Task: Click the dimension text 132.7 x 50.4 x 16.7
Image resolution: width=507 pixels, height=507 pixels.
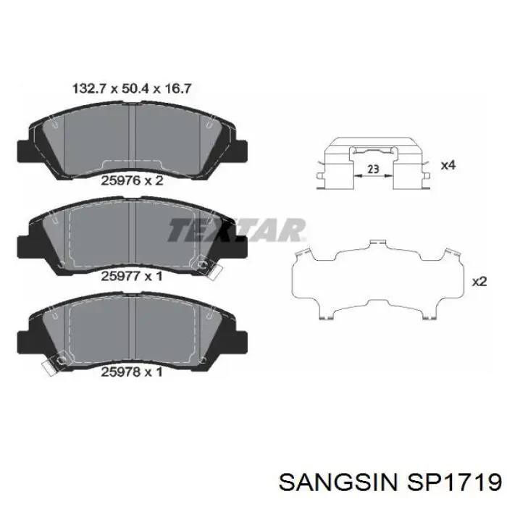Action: point(132,88)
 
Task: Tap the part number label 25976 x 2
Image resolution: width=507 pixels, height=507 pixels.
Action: point(132,181)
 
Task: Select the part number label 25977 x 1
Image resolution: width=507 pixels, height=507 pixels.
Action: point(132,276)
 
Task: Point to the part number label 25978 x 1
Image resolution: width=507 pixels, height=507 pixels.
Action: point(132,372)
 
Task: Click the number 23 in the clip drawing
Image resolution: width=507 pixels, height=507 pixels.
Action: point(374,169)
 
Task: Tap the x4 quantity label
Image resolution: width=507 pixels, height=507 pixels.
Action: point(448,166)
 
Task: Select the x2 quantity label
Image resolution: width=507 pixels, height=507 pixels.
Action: point(479,282)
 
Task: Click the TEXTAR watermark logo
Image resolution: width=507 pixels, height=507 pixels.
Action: point(236,230)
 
